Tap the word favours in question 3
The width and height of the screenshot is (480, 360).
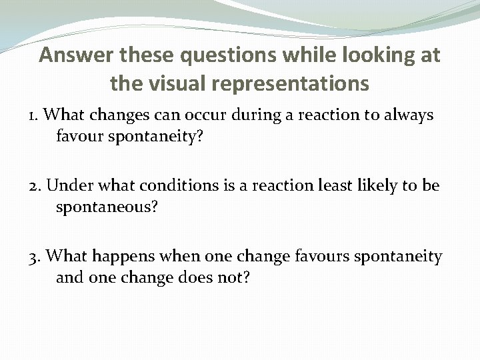(321, 255)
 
